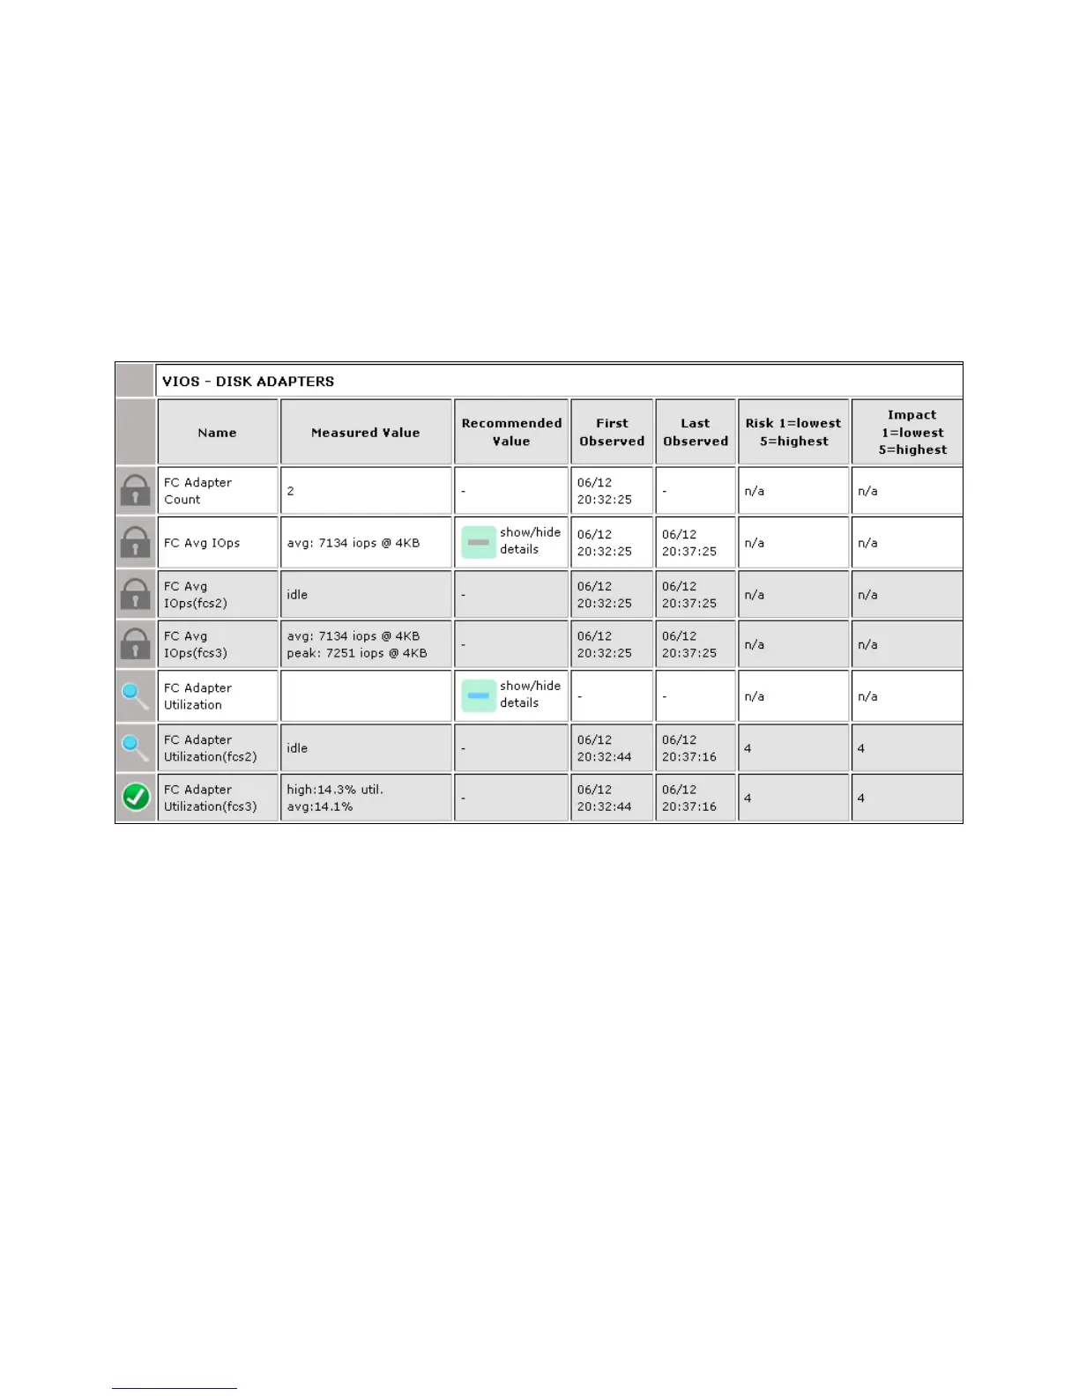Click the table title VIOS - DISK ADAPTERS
(248, 382)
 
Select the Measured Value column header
(365, 433)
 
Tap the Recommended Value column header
(511, 432)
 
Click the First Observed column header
(612, 432)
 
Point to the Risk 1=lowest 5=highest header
(793, 432)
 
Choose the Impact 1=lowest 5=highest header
(912, 432)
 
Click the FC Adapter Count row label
(198, 491)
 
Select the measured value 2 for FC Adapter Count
(290, 491)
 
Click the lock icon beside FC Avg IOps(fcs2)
(135, 595)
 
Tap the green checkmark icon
(135, 798)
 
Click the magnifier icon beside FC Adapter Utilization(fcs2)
(135, 748)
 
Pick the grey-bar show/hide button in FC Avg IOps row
(479, 542)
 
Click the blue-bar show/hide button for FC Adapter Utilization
(479, 695)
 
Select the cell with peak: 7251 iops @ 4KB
(357, 653)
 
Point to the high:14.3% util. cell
(335, 790)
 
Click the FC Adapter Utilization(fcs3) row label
(210, 798)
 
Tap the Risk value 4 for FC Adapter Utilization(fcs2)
(748, 748)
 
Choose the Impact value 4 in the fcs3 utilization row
(861, 798)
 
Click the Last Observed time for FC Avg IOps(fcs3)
(689, 645)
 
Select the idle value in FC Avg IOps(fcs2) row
(297, 595)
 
